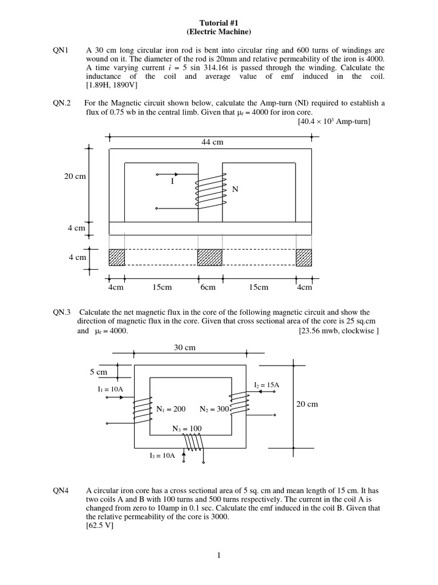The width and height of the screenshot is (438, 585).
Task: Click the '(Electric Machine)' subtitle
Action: coord(218,31)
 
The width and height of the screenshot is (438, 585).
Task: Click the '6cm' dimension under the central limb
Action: coord(208,287)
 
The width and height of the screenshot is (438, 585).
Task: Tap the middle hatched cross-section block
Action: coord(209,257)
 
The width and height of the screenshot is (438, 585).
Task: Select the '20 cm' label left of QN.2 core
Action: coord(75,177)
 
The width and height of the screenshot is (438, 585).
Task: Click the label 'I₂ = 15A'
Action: coord(267,385)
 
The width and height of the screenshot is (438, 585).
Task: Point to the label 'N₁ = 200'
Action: coord(171,409)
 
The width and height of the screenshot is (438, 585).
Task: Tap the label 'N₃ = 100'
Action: coord(187,428)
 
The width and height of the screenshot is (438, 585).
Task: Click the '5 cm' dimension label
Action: coord(98,372)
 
